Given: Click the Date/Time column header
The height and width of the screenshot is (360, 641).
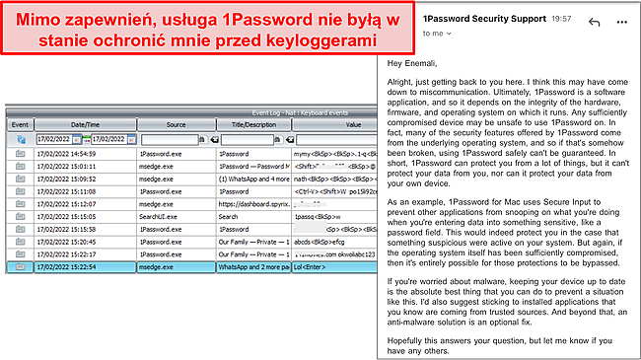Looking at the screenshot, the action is coord(84,125).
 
